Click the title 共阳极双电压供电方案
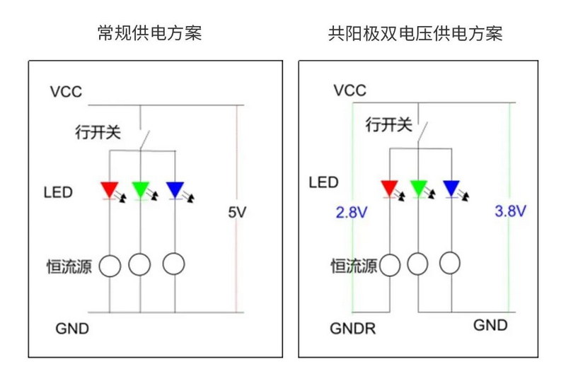point(415,33)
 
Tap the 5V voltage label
point(237,212)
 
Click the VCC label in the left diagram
point(66,91)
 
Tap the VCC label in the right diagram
point(350,90)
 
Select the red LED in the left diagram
point(110,189)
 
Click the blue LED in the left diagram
point(174,189)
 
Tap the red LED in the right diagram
point(389,188)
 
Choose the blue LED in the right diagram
point(451,188)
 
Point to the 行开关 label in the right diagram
point(388,125)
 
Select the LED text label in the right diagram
point(323,183)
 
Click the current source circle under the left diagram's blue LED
point(174,264)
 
